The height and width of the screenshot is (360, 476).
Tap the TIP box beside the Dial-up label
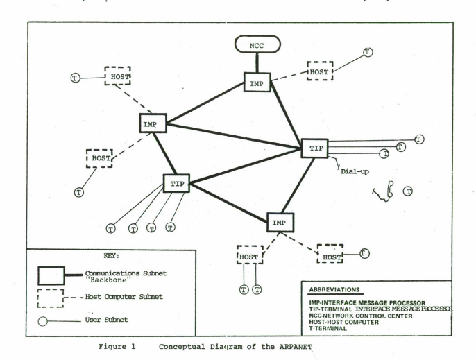314,148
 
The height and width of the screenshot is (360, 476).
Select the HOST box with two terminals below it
250,255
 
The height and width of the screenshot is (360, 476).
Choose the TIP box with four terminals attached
176,183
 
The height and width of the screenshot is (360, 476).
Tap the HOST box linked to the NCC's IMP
321,70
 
